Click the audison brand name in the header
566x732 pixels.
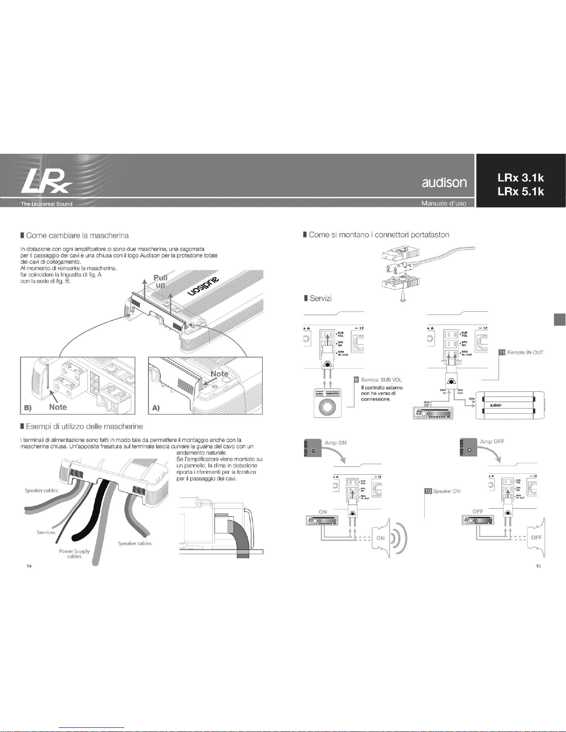(444, 182)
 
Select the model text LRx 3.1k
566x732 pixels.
(521, 178)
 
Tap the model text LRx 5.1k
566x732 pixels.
(521, 192)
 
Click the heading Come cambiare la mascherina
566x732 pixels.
(77, 236)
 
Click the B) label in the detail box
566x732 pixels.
(28, 408)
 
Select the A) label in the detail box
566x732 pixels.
(155, 408)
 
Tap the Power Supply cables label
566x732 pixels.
(74, 554)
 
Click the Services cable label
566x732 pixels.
(46, 532)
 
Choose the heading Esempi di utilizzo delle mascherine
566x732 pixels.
(84, 426)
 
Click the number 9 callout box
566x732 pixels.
(356, 380)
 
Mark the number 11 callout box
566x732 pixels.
(501, 352)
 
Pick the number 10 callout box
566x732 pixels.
(428, 491)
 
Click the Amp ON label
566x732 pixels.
(335, 442)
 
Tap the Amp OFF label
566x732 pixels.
(492, 442)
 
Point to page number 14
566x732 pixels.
(29, 566)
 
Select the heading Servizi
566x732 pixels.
(321, 298)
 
